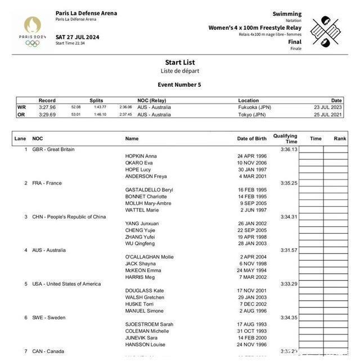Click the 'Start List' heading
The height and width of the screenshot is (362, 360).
(180, 62)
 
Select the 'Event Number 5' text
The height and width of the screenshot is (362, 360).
(179, 85)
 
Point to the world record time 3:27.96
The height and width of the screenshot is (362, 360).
(47, 107)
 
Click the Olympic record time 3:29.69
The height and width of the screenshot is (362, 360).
(47, 114)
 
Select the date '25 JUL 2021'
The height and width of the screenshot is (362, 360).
(328, 114)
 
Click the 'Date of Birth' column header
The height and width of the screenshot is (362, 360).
(252, 138)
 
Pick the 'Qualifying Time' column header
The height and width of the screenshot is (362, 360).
(285, 138)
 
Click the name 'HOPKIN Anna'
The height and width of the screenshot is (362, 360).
(141, 156)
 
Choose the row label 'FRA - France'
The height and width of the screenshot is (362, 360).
(47, 183)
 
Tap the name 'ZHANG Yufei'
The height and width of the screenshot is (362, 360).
(141, 237)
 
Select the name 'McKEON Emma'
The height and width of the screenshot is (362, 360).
(143, 270)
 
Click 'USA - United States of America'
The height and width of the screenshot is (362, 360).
(66, 284)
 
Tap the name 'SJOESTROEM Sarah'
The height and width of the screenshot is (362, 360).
(149, 324)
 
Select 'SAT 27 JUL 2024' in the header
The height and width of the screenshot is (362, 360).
(78, 37)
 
